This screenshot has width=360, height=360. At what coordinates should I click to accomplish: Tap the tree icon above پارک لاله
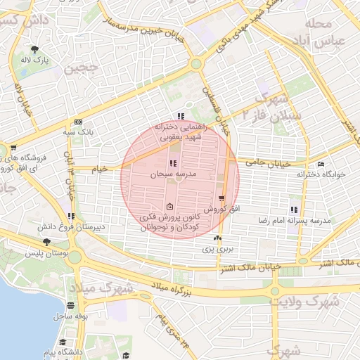[35, 49]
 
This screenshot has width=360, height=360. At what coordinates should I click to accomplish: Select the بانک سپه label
[78, 131]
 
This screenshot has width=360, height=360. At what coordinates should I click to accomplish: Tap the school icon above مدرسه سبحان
[173, 163]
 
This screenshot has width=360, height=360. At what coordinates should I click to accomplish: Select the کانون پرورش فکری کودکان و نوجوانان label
[171, 223]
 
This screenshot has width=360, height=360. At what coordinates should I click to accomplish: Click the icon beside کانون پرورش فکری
[170, 207]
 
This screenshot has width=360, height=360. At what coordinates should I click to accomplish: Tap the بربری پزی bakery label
[218, 249]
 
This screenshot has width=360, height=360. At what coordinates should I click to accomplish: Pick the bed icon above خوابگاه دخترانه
[321, 165]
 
